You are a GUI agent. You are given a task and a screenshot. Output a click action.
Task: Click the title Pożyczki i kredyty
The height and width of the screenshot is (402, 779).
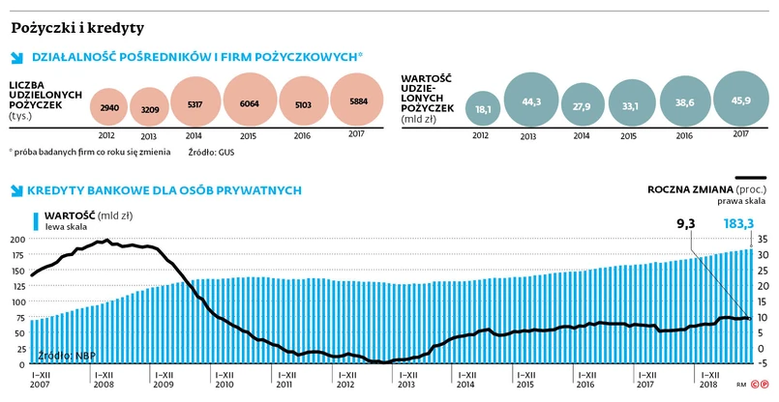77,27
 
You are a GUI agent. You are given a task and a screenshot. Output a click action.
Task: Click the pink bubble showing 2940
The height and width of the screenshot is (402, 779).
109,107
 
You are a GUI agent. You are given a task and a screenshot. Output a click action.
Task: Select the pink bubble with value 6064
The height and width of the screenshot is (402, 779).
250,103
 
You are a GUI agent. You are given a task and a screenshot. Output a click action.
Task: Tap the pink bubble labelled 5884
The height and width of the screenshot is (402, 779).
357,103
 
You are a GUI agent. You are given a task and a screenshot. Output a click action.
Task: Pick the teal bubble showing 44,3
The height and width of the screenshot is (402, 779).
529,101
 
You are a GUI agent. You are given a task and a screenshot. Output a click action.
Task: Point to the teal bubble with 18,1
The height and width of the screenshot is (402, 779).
483,109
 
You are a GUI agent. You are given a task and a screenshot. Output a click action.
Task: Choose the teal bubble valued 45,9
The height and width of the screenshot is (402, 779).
741,100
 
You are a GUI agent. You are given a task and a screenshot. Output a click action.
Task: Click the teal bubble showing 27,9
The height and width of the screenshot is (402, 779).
582,105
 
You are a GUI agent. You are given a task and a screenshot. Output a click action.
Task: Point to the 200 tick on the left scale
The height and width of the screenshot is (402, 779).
16,239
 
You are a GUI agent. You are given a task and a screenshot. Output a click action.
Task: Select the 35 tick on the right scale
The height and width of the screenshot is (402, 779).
764,239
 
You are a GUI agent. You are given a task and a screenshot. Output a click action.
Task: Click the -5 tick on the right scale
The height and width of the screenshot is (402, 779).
764,365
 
